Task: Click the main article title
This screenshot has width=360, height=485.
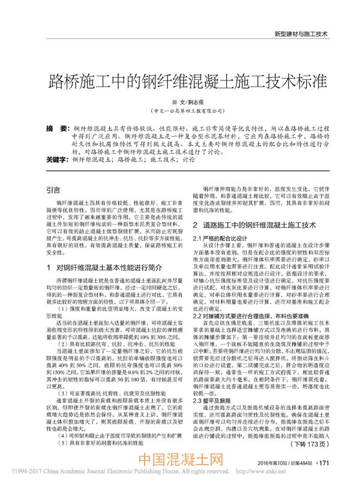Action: (x=179, y=80)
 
